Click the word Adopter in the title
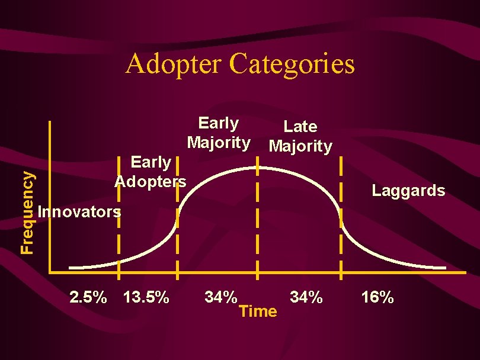point(174,64)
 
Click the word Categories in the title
point(292,64)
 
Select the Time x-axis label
point(258,311)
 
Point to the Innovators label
point(79,211)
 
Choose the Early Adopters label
point(151,171)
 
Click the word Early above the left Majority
point(218,123)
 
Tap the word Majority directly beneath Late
point(300,146)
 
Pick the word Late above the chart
point(300,126)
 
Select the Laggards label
point(408,191)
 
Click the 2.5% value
point(89,297)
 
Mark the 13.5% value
point(146,297)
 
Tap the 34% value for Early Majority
point(220,296)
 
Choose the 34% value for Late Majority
point(306,296)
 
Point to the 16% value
point(377,297)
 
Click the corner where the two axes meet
point(51,272)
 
